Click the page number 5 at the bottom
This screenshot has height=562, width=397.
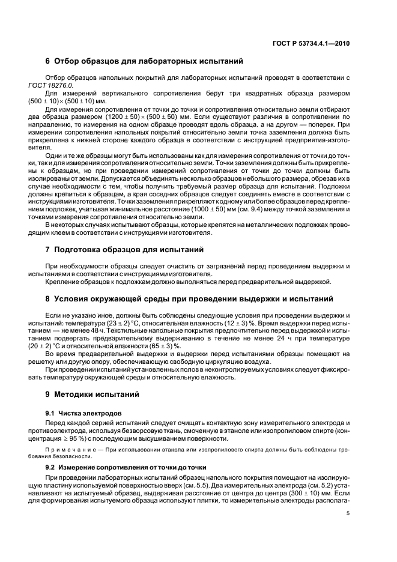[x=348, y=514]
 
